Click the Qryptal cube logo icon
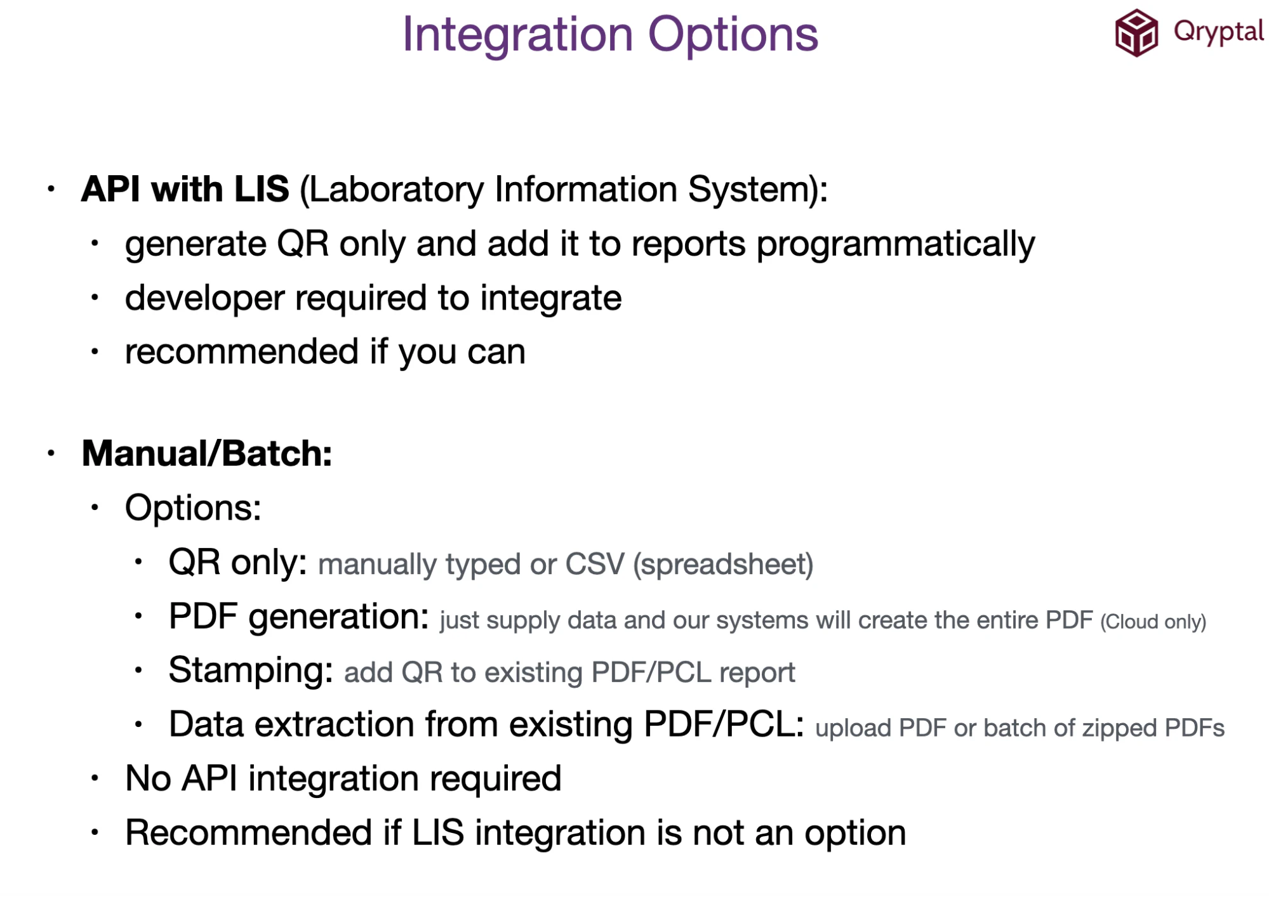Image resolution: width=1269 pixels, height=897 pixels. coord(1136,33)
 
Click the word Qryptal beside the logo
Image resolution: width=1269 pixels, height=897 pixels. coord(1218,32)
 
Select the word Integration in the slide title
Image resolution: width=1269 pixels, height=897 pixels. coord(517,34)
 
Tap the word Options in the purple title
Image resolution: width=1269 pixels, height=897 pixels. coord(733,34)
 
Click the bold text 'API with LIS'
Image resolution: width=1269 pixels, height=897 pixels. coord(185,189)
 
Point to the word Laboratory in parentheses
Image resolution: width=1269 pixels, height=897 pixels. coord(396,190)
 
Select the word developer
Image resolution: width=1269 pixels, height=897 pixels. coord(204,299)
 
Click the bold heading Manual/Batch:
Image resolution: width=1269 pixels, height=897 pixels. coord(207,454)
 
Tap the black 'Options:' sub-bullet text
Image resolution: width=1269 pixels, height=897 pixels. coord(193,508)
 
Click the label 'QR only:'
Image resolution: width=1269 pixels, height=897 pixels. coord(237,563)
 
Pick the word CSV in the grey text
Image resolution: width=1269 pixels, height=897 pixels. coord(594,564)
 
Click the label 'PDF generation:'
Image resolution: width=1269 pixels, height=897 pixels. coord(298,617)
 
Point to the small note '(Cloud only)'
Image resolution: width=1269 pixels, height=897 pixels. coord(1153,622)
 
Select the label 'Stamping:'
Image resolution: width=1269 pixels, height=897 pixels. coord(251,671)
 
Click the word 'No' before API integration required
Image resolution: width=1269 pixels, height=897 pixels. coord(148,778)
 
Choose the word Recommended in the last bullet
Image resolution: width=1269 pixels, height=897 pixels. coord(248,833)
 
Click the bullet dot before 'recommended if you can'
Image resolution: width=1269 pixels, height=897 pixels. coord(95,351)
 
